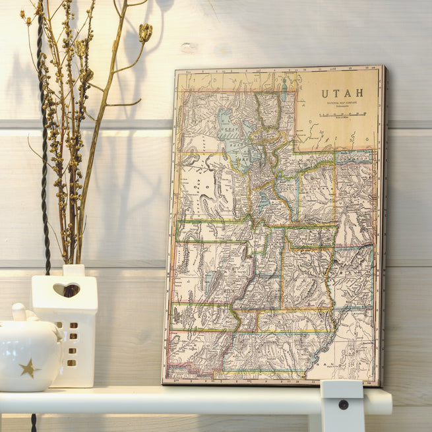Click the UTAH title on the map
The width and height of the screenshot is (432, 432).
(342, 93)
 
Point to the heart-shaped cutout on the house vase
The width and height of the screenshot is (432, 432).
(66, 290)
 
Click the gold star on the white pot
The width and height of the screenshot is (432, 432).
(28, 368)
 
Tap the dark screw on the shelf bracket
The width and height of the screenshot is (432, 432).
(343, 404)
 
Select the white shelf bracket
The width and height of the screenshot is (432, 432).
(342, 405)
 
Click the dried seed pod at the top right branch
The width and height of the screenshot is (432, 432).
(145, 31)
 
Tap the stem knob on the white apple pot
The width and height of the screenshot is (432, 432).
(18, 311)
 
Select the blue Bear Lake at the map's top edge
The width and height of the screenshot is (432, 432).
(284, 88)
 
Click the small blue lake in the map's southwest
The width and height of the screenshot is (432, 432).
(210, 282)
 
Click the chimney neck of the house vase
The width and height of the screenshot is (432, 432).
(74, 270)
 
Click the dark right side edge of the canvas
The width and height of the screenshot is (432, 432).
(383, 224)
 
